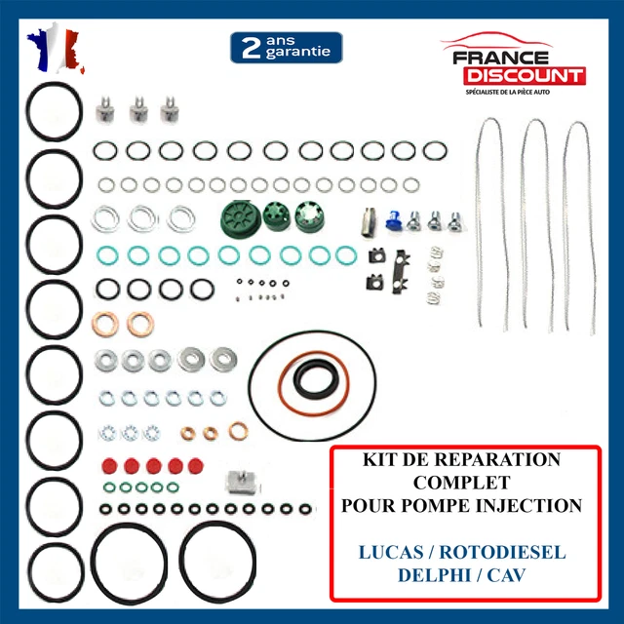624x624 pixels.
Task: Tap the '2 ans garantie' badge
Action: [286, 46]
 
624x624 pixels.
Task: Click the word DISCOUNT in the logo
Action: [524, 75]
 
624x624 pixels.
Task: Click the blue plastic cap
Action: [395, 222]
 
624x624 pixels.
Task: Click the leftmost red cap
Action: [106, 463]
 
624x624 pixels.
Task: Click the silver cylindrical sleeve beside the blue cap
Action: [370, 223]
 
